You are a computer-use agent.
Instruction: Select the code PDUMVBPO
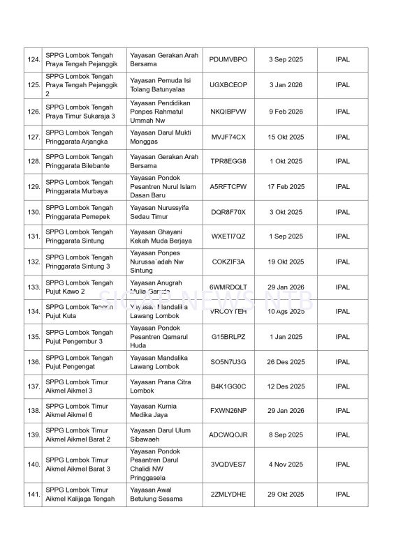pos(228,59)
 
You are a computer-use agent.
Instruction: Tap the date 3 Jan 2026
pos(286,85)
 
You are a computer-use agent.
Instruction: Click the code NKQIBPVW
pos(228,112)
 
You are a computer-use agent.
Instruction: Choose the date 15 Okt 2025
pos(286,137)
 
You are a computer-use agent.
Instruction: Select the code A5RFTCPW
pos(228,187)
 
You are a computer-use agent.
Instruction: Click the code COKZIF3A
pos(228,262)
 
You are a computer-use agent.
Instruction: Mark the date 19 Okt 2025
pos(286,262)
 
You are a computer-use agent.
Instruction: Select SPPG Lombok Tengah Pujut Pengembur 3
pos(79,337)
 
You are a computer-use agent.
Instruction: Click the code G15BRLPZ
pos(228,337)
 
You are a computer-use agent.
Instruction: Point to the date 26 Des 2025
pos(286,362)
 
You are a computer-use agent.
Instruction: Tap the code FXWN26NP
pos(228,411)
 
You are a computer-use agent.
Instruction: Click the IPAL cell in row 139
pos(342,435)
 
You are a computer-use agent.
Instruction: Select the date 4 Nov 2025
pos(286,465)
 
